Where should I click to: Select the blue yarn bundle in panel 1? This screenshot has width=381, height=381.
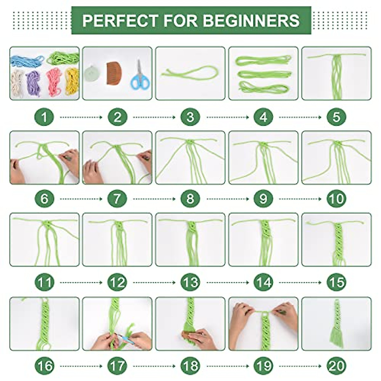(26, 61)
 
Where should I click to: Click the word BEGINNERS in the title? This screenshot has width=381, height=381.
(251, 20)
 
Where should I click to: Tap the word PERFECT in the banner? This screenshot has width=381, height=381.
(120, 20)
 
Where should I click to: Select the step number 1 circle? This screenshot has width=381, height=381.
(44, 117)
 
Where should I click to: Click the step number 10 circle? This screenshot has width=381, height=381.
(336, 199)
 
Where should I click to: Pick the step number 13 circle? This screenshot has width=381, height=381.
(190, 282)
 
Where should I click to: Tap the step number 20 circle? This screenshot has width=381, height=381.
(336, 365)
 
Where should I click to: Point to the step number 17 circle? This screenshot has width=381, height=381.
(117, 365)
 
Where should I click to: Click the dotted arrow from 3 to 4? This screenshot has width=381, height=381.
(227, 117)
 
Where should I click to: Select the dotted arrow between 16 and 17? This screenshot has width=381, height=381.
(81, 366)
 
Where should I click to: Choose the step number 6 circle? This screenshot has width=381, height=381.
(44, 199)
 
